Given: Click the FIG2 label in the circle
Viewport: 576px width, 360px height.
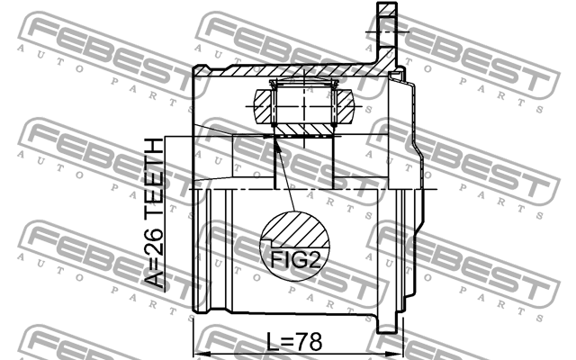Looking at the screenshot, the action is pos(295,260).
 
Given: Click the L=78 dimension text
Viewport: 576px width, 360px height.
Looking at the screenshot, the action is pos(294,342).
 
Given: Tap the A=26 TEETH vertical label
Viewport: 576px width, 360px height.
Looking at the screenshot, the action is pos(153,213).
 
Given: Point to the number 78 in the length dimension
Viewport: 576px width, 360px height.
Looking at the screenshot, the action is pos(310,342).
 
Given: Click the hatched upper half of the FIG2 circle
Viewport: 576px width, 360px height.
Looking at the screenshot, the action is pos(295,229).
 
